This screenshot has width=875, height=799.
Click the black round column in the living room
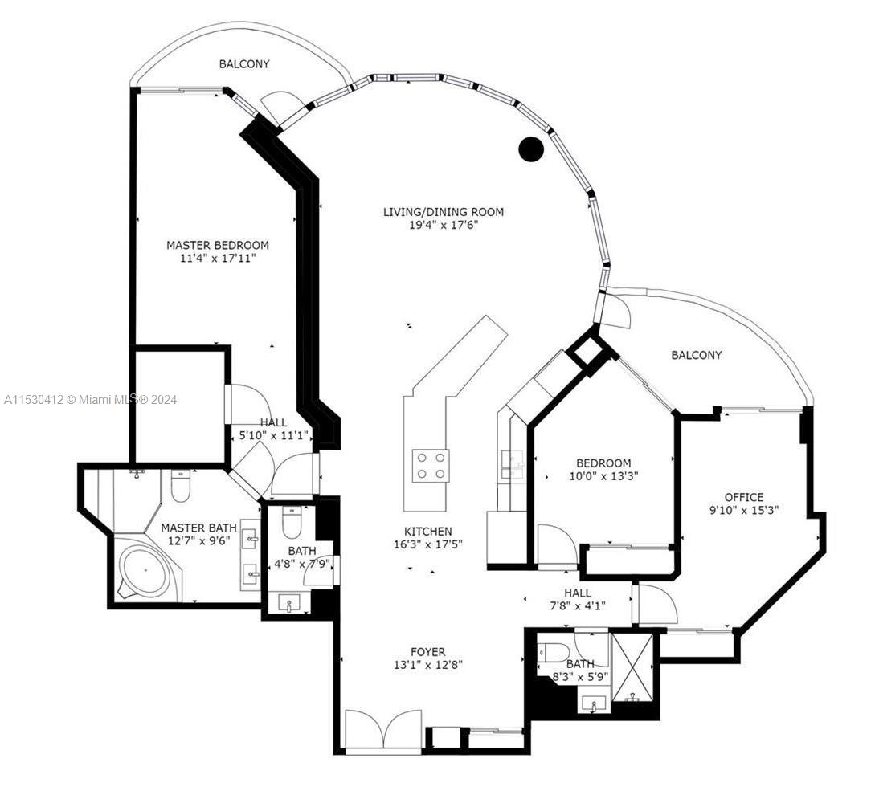pyautogui.click(x=530, y=149)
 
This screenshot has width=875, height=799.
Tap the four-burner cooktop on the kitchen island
pyautogui.click(x=431, y=465)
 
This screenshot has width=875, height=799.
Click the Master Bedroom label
pyautogui.click(x=218, y=245)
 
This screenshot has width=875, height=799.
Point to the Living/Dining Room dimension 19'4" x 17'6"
pyautogui.click(x=444, y=226)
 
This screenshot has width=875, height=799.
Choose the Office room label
pyautogui.click(x=744, y=497)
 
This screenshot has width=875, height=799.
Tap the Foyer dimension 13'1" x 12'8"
pyautogui.click(x=428, y=665)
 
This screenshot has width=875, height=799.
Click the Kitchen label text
pyautogui.click(x=428, y=532)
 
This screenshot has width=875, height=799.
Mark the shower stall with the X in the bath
pyautogui.click(x=632, y=667)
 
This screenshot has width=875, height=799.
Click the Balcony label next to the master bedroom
pyautogui.click(x=244, y=64)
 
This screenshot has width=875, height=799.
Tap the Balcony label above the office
pyautogui.click(x=696, y=355)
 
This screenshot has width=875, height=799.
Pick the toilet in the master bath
pyautogui.click(x=180, y=486)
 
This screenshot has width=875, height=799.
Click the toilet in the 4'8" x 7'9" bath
pyautogui.click(x=292, y=521)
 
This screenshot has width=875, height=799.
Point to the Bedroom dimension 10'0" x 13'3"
pyautogui.click(x=603, y=476)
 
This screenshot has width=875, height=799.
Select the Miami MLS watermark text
pyautogui.click(x=91, y=399)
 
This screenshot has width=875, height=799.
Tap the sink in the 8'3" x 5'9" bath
pyautogui.click(x=594, y=703)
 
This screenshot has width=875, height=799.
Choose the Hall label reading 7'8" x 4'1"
pyautogui.click(x=578, y=599)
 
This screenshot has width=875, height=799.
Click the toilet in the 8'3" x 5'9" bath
pyautogui.click(x=553, y=650)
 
